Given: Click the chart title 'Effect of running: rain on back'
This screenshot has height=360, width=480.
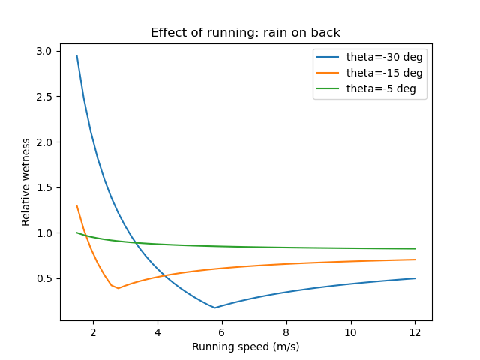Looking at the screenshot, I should coord(246,32).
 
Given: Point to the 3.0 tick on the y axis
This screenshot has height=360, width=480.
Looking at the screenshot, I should coord(45,51).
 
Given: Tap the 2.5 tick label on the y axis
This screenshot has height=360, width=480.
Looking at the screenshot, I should coord(45,97).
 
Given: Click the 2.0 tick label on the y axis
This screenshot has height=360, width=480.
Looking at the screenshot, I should coord(45,142).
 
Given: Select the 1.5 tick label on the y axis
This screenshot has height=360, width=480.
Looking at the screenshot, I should coord(45,187).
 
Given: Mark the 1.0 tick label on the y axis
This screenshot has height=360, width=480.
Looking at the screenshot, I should coord(45,232).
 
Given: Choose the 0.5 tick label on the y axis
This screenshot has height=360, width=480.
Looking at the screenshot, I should coord(45,278).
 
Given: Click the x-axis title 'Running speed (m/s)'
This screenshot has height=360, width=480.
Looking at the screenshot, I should coord(246,346).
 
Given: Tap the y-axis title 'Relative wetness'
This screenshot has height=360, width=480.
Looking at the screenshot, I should coord(26,181).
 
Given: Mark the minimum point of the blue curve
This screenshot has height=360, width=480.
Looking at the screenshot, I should coord(215,307).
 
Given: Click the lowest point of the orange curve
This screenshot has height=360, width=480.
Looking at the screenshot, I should coord(118,288).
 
